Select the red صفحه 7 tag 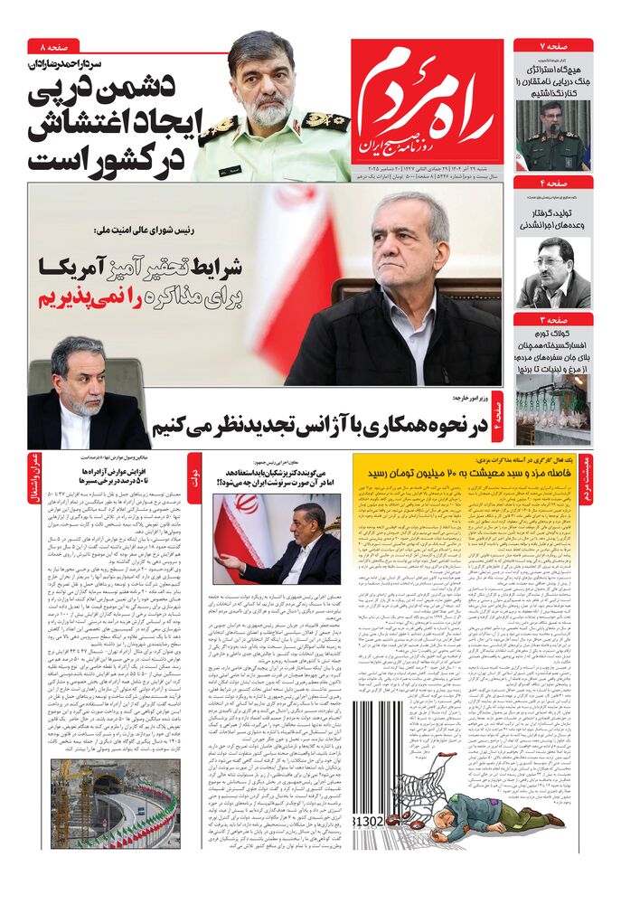coord(553,45)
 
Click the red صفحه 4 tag coord(553,183)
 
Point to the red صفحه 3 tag coord(553,319)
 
